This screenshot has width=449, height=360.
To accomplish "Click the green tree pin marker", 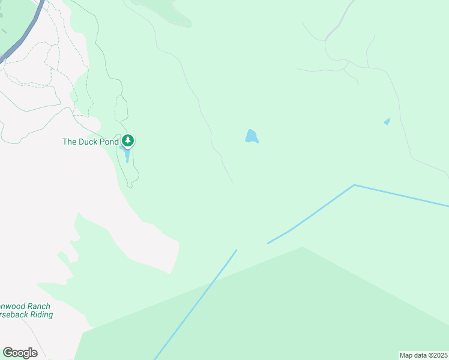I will click(127, 141).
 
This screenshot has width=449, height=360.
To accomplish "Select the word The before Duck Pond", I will click(70, 142).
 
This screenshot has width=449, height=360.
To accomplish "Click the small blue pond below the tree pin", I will click(127, 155).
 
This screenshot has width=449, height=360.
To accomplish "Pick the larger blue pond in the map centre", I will click(252, 137).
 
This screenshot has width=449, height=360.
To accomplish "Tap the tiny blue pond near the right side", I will click(387, 122).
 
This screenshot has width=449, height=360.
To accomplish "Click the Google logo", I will click(20, 352).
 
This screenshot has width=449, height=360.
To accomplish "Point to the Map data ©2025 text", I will click(423, 355).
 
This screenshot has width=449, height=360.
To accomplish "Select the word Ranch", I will click(37, 306).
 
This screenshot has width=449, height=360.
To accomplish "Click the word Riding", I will click(40, 314).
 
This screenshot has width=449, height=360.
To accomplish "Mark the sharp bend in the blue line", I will click(354, 185).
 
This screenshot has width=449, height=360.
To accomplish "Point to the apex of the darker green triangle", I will click(302, 247).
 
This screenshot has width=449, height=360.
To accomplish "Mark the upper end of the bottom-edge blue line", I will click(236, 251).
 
